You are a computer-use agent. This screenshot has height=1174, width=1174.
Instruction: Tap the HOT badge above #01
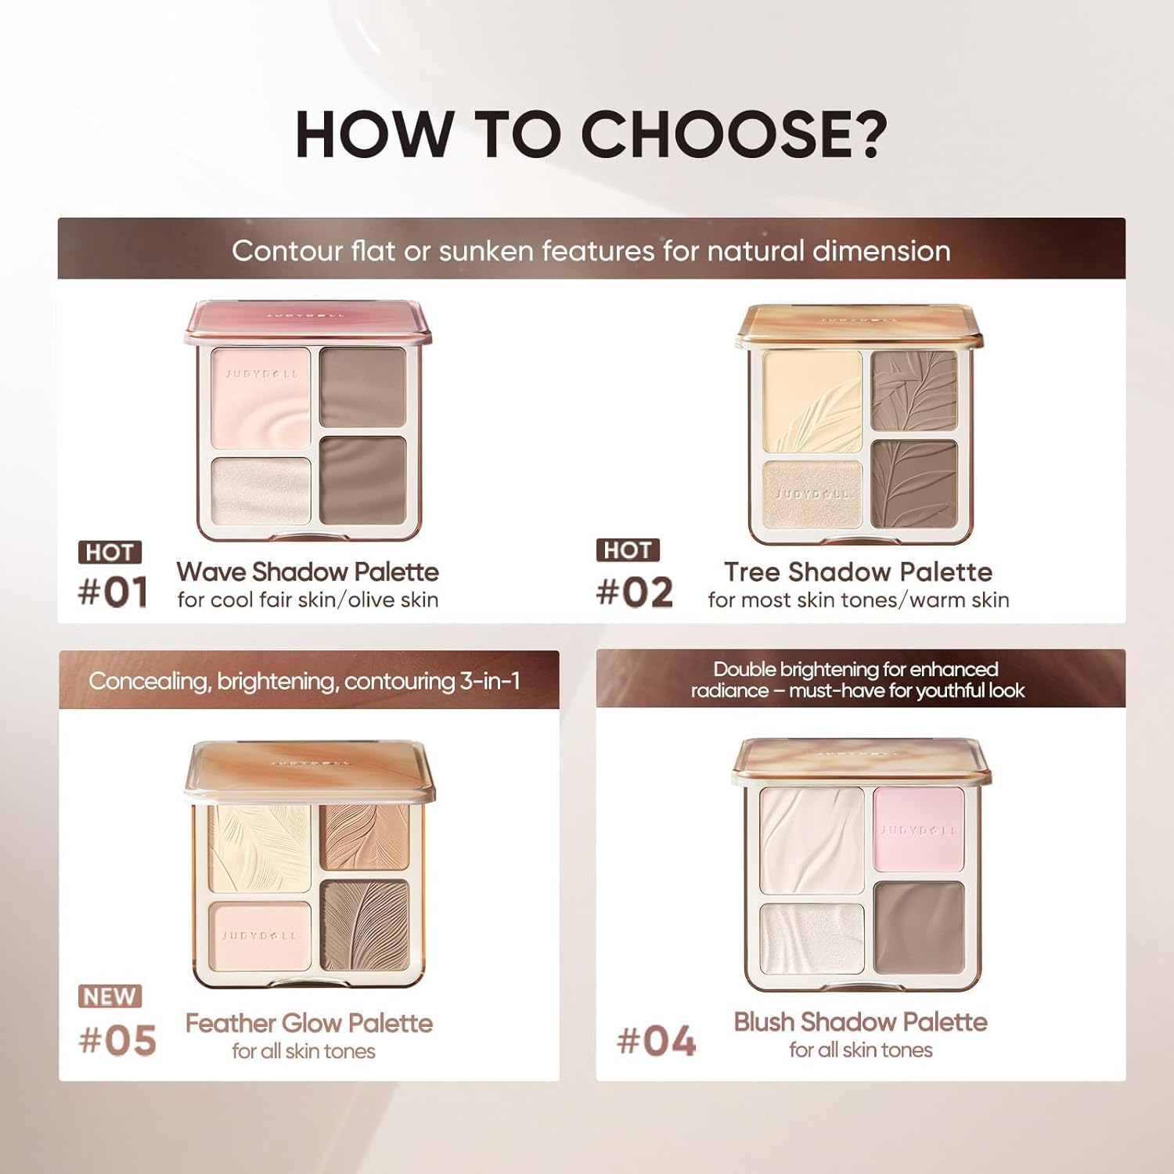[110, 552]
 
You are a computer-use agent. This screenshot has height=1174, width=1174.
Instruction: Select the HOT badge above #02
[627, 550]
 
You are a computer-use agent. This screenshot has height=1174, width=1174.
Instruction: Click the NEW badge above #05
[110, 996]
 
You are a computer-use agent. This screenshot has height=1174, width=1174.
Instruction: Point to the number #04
[656, 1042]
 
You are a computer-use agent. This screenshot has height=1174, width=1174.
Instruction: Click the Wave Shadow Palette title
[307, 572]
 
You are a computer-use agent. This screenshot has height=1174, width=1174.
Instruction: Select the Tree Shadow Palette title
[858, 572]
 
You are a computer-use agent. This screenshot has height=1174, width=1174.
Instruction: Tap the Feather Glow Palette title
[308, 1023]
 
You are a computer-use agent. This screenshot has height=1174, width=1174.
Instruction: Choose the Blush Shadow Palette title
[860, 1021]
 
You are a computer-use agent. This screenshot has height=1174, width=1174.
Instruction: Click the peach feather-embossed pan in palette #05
[364, 837]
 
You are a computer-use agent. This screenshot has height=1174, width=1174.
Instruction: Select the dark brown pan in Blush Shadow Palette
[918, 925]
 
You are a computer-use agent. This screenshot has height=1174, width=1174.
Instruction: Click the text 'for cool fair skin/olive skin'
[308, 600]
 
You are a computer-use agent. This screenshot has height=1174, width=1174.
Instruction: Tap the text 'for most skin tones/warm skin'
[858, 600]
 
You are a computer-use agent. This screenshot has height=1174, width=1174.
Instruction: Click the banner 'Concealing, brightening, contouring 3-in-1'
[304, 681]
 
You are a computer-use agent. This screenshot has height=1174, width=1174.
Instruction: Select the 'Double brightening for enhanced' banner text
[855, 669]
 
